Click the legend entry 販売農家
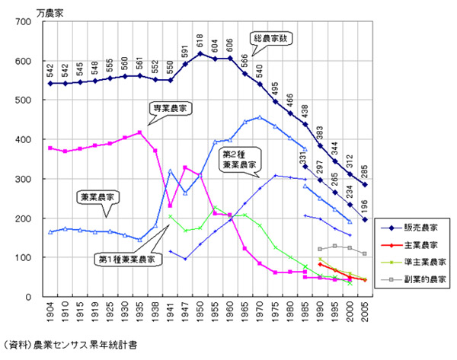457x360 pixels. (417, 227)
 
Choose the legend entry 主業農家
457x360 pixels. (417, 244)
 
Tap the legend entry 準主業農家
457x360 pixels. (420, 261)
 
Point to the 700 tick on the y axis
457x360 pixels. (28, 22)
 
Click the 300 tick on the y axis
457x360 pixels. (28, 179)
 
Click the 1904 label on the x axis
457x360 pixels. (51, 313)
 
